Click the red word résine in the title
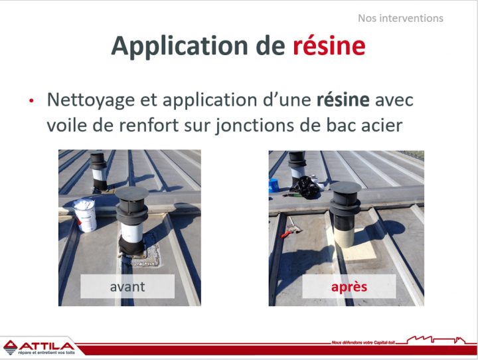(x=329, y=45)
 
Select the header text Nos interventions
(x=400, y=18)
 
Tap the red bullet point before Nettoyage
(x=31, y=101)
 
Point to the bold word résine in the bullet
(x=343, y=100)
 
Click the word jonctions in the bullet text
(x=258, y=125)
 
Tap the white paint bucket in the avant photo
(x=85, y=214)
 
